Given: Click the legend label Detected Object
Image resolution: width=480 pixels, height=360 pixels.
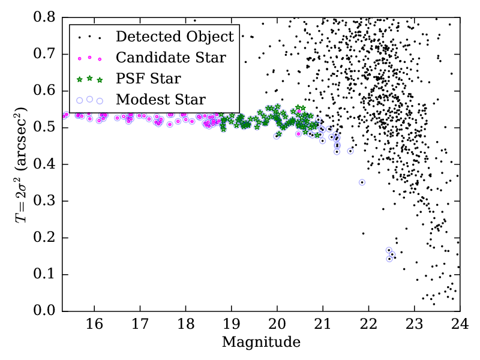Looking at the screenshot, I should tap(175, 37).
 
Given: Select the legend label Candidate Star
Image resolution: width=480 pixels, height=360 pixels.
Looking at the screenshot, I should tap(171, 58).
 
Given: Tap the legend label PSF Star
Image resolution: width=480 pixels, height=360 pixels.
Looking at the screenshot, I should tap(148, 79).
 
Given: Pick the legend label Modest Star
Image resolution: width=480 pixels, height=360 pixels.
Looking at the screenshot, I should tap(161, 100).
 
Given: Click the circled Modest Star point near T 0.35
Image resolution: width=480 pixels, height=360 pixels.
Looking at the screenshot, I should tap(362, 182).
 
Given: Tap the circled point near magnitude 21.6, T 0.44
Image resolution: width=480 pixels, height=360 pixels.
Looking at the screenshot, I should tap(350, 151).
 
